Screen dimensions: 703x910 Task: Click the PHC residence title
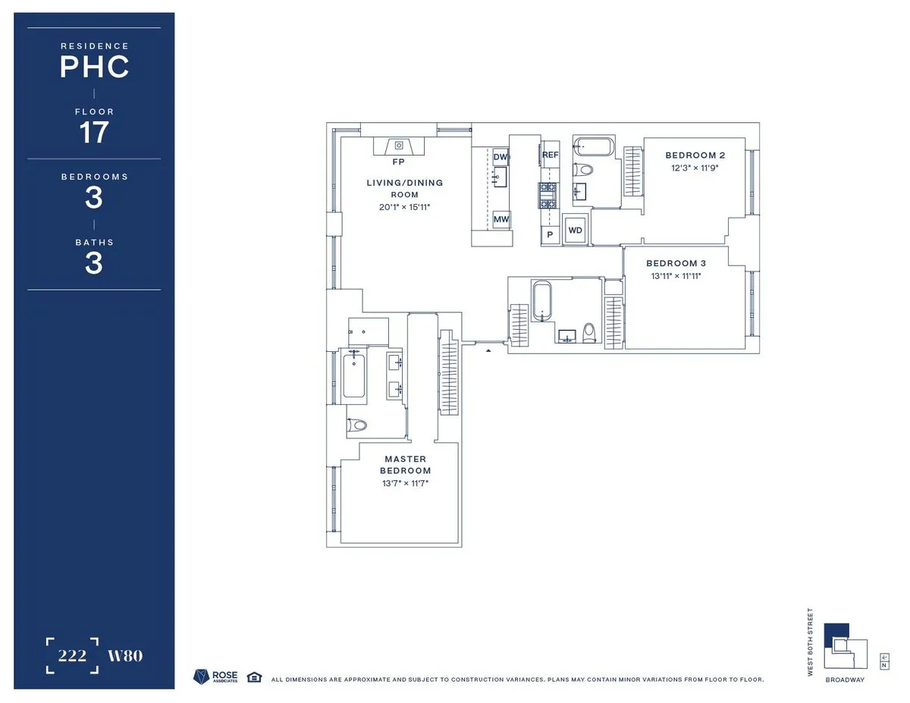[94, 67]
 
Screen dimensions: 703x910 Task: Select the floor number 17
[94, 133]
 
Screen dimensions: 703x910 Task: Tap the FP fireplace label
[398, 162]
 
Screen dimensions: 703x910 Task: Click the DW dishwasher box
[500, 158]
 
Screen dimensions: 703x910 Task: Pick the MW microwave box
[500, 220]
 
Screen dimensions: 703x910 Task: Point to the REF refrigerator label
[550, 155]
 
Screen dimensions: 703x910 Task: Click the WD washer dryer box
[575, 230]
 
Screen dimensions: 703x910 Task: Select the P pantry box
[550, 235]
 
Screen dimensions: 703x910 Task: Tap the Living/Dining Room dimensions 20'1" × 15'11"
[404, 207]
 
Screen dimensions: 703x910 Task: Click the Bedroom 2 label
[690, 155]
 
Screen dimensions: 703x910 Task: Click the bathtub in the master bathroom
[354, 377]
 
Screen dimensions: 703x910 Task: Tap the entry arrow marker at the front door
[488, 350]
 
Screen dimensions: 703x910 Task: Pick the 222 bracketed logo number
[72, 656]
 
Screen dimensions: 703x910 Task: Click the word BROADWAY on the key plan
[845, 679]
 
